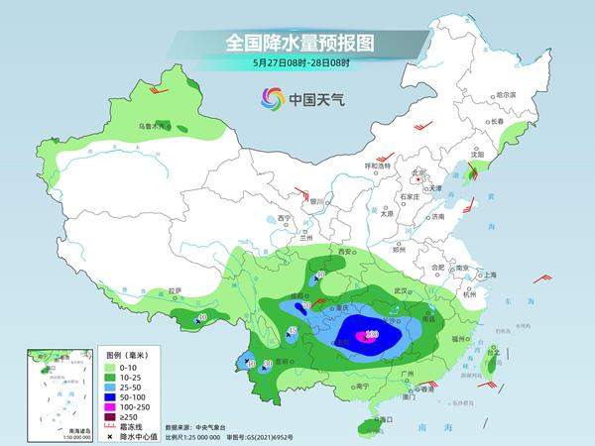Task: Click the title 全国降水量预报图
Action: pyautogui.click(x=298, y=43)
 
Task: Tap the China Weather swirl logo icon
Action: pyautogui.click(x=272, y=98)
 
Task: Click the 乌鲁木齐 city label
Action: pyautogui.click(x=151, y=127)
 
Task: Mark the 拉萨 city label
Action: pyautogui.click(x=176, y=291)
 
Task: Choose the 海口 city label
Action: pyautogui.click(x=388, y=419)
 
